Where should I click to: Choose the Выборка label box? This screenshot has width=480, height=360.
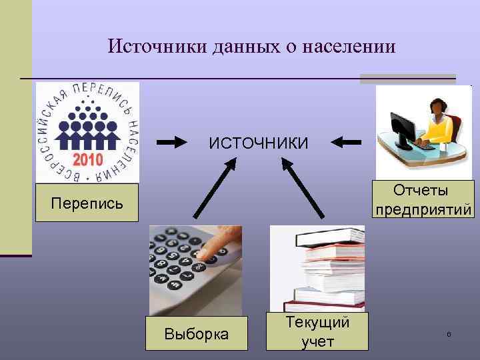pos(196,333)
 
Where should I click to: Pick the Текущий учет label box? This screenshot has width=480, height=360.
pos(317,331)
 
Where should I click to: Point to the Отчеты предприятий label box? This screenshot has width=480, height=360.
pos(424,200)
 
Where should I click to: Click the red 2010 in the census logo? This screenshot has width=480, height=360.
pos(87,161)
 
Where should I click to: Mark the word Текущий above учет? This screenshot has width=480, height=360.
pos(317,323)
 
